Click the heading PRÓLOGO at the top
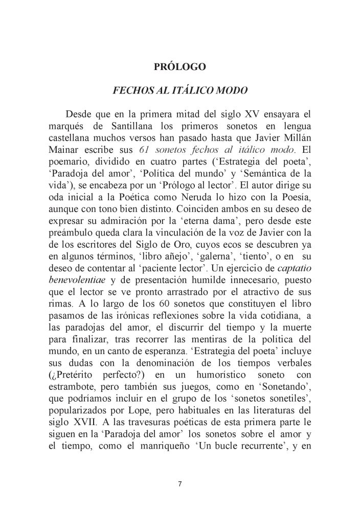[179, 66]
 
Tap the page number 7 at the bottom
[180, 484]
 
